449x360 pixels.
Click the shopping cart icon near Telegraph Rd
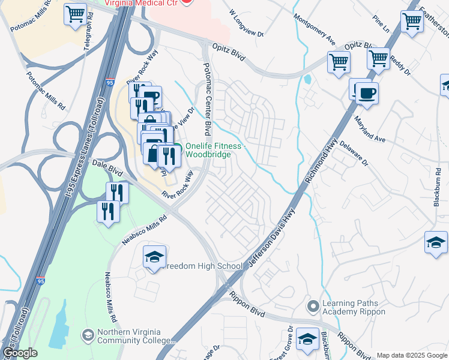pyautogui.click(x=75, y=14)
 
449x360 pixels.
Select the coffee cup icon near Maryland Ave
pyautogui.click(x=366, y=93)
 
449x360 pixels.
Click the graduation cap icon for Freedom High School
pyautogui.click(x=154, y=257)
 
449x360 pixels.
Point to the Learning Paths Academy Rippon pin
pyautogui.click(x=312, y=307)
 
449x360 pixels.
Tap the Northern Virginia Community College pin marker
pyautogui.click(x=88, y=334)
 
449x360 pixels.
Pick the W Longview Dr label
pyautogui.click(x=247, y=25)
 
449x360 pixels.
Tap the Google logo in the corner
pyautogui.click(x=20, y=353)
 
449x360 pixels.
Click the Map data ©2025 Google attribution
pyautogui.click(x=412, y=355)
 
